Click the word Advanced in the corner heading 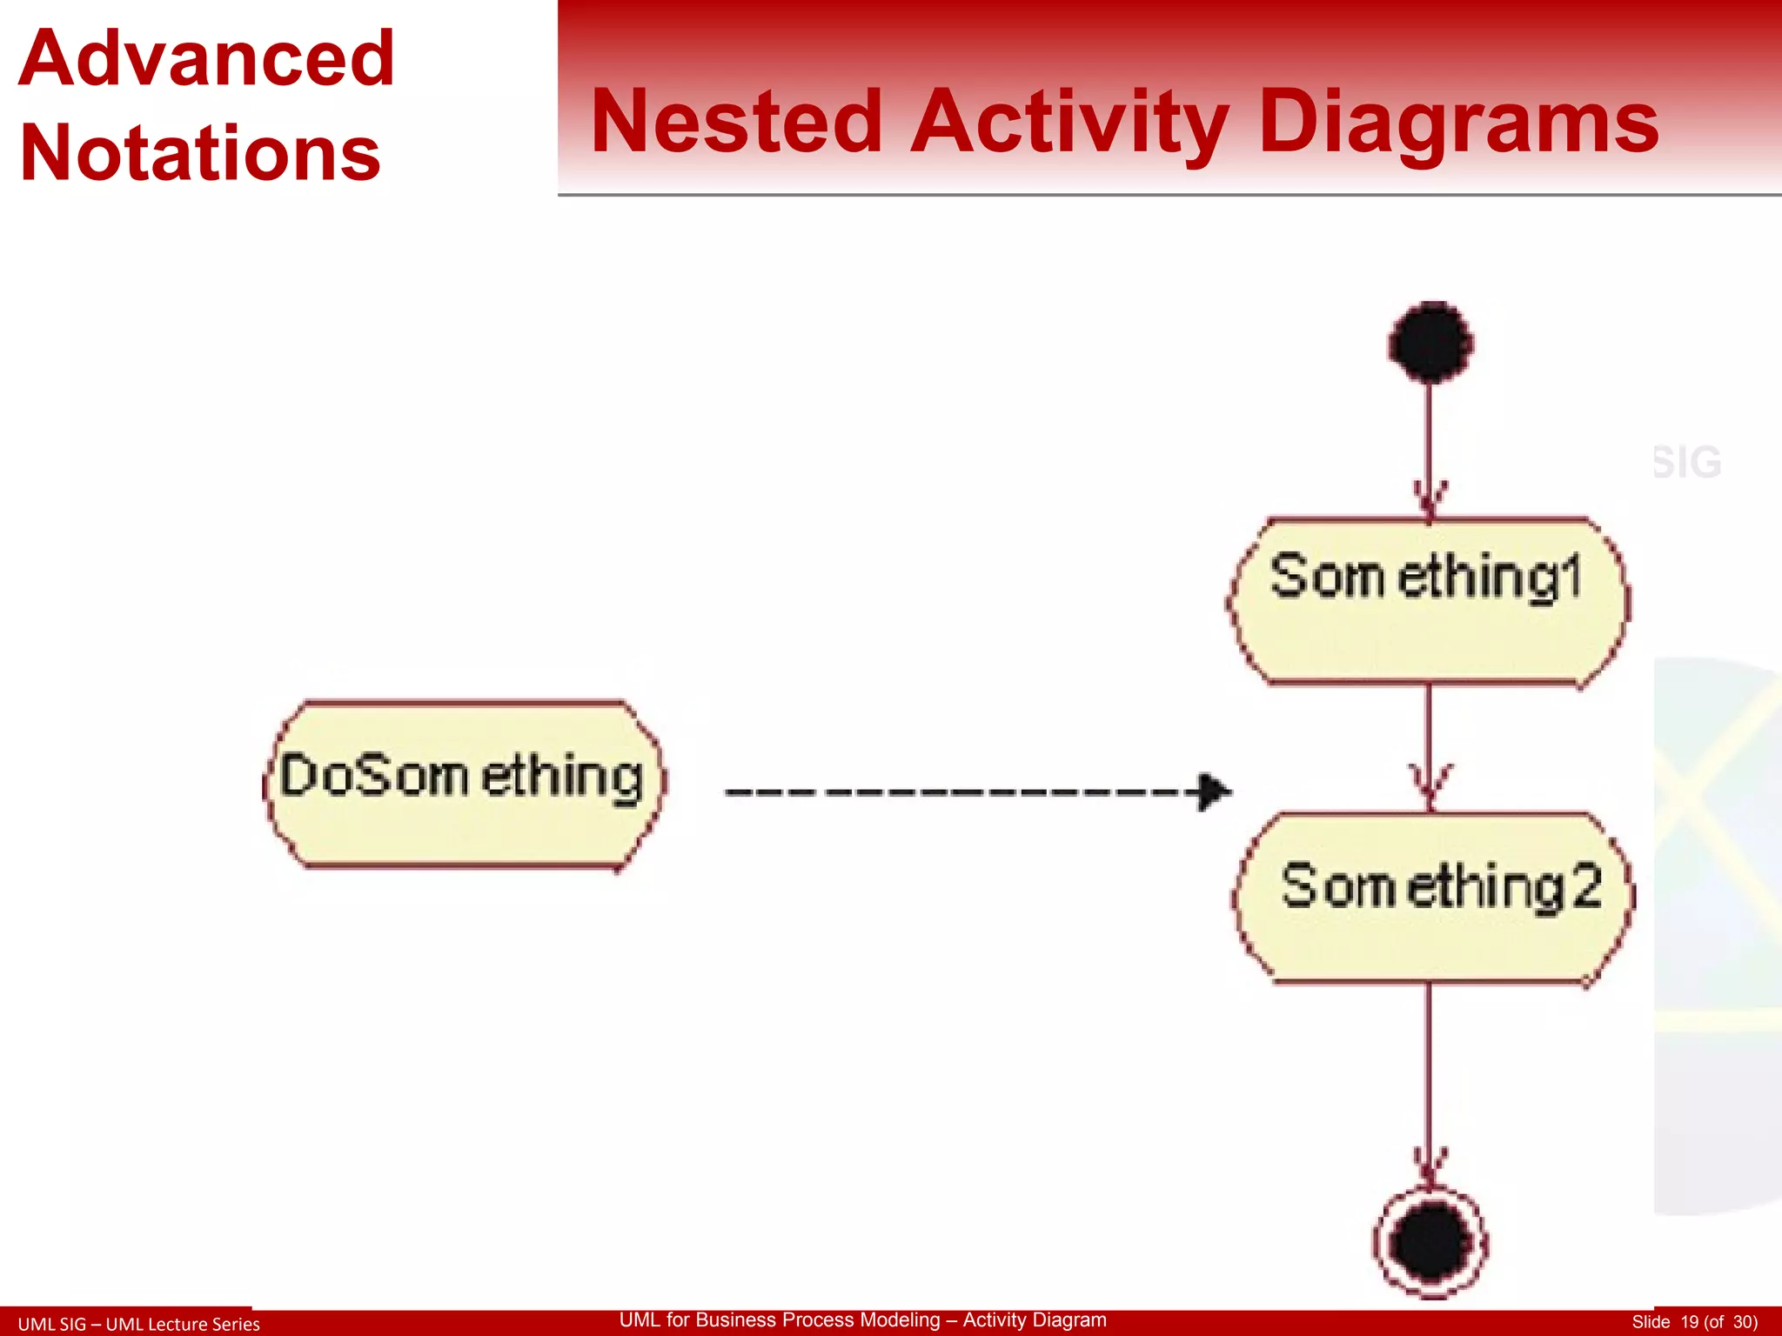click(x=207, y=59)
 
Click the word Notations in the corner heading click(x=200, y=154)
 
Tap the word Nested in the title click(x=736, y=123)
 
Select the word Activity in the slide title click(x=1069, y=123)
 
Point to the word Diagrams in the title click(x=1458, y=123)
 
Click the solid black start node click(x=1430, y=343)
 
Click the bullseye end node click(x=1430, y=1242)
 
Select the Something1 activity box click(x=1428, y=602)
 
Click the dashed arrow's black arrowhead click(x=1213, y=792)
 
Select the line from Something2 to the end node click(x=1429, y=1070)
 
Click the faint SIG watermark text click(x=1686, y=463)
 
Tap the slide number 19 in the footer click(x=1689, y=1322)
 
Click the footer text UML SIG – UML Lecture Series click(x=139, y=1324)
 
